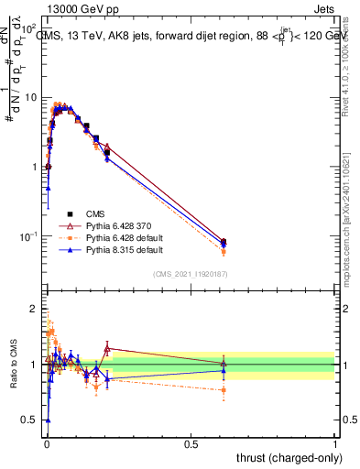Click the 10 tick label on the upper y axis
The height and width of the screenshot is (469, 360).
[30, 97]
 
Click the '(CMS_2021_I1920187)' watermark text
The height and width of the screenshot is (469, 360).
[191, 273]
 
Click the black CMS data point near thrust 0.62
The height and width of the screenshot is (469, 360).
[224, 242]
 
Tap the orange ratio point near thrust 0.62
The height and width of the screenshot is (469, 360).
[224, 390]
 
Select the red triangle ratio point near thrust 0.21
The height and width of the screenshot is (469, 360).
[107, 348]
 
